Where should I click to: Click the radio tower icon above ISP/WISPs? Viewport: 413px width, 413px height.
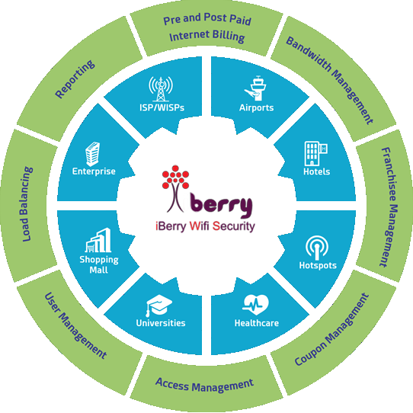(x=161, y=88)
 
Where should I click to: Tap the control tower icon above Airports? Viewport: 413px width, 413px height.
(x=255, y=88)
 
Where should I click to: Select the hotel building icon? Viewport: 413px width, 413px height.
(x=315, y=153)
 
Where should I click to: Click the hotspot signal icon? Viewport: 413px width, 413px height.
(x=317, y=248)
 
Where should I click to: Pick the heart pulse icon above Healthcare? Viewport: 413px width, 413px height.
(x=256, y=305)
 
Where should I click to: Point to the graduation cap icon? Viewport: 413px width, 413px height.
(x=159, y=306)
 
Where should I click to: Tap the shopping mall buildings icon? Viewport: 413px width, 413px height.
(x=98, y=240)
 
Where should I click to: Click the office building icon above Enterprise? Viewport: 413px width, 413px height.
(x=93, y=154)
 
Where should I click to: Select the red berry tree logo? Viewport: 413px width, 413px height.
(x=175, y=188)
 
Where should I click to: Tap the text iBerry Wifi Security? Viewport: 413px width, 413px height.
(x=205, y=226)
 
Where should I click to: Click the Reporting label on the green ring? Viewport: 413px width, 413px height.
(x=75, y=79)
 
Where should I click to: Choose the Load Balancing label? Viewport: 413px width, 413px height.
(x=27, y=204)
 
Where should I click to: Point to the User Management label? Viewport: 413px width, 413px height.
(x=75, y=325)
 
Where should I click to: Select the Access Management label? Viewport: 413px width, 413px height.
(x=205, y=386)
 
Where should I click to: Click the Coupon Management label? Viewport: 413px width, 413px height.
(x=332, y=329)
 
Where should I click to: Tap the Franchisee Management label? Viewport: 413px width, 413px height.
(x=389, y=207)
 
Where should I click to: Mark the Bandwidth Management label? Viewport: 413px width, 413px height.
(x=330, y=80)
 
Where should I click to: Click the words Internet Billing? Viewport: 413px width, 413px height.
(x=207, y=36)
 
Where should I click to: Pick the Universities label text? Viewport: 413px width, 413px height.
(x=161, y=323)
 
